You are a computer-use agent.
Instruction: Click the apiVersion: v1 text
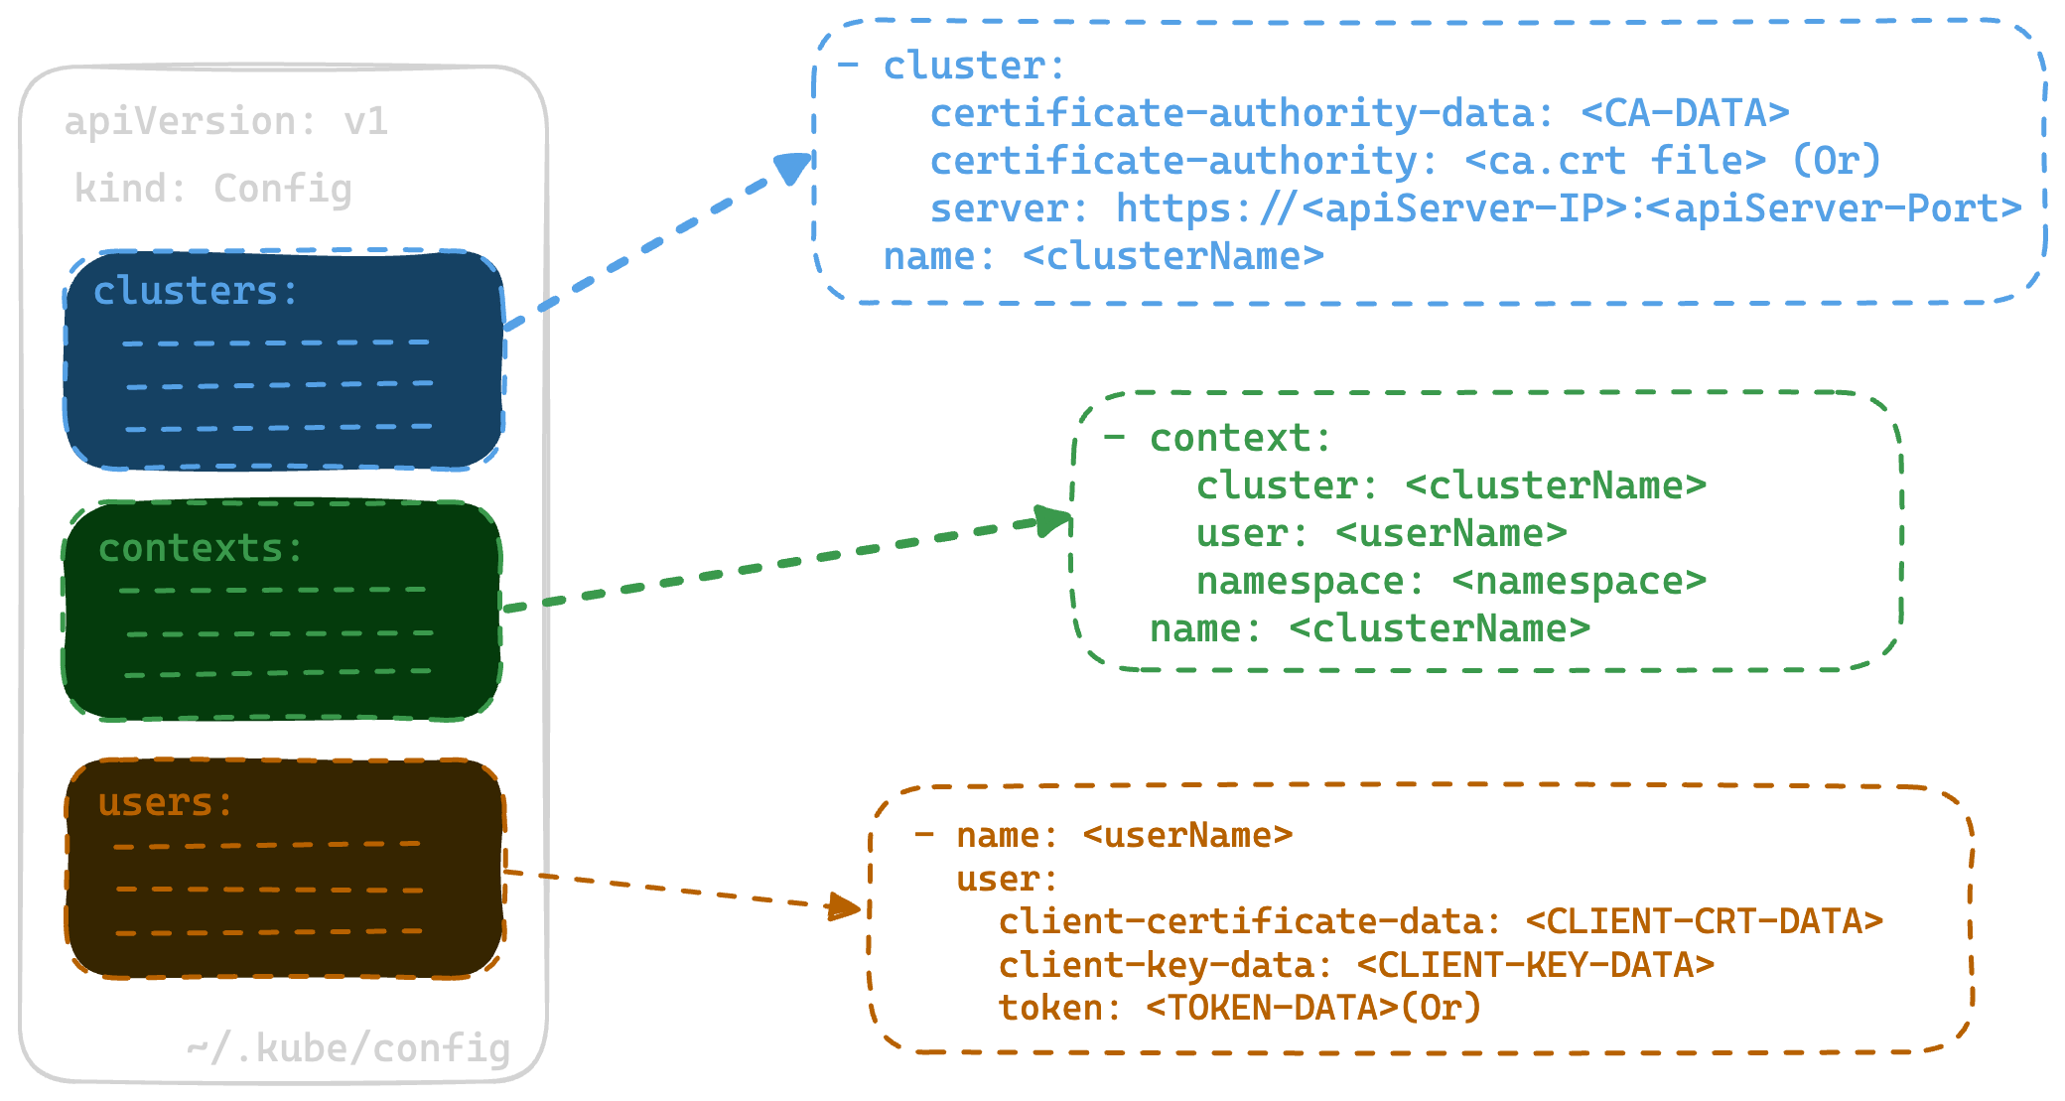point(226,122)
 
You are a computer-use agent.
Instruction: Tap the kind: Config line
point(213,189)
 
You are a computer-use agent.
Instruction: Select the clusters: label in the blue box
point(196,291)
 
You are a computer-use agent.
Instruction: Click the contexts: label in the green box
point(201,548)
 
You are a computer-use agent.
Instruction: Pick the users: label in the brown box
point(166,802)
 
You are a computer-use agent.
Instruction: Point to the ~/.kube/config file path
point(348,1048)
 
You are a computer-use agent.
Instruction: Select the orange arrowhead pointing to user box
point(845,906)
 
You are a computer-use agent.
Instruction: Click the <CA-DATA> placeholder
point(1685,113)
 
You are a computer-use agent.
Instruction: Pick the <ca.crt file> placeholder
point(1615,161)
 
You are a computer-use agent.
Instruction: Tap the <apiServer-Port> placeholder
point(1835,208)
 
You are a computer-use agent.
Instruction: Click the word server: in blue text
point(1009,208)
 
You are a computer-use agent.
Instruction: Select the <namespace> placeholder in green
point(1580,582)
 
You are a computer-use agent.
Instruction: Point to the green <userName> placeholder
point(1451,533)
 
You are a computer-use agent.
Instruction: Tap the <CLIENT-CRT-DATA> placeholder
point(1705,921)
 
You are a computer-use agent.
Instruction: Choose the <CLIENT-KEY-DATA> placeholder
point(1536,965)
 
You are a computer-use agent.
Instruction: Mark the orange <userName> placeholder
point(1188,836)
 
